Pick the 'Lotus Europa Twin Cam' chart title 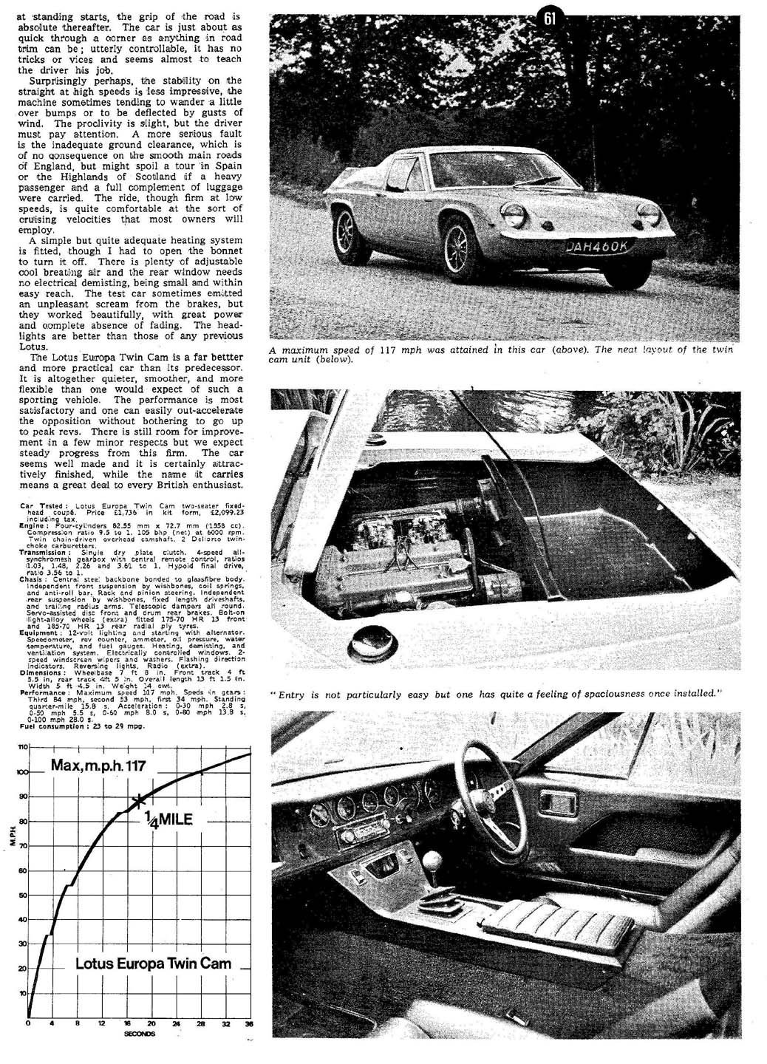[153, 964]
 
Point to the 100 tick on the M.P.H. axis [19, 772]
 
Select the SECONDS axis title [140, 1033]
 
